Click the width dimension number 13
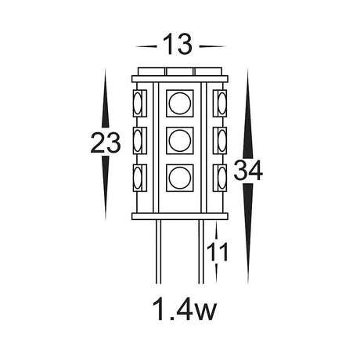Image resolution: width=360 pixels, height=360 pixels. click(x=179, y=45)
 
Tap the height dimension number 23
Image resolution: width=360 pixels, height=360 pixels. click(x=105, y=143)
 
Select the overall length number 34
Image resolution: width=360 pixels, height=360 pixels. click(x=249, y=171)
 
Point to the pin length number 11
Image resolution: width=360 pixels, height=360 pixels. click(x=218, y=252)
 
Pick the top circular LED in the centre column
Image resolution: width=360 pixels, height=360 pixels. click(x=180, y=104)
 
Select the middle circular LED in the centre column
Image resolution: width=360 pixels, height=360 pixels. click(x=180, y=141)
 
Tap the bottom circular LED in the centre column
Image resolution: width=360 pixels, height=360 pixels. click(x=180, y=177)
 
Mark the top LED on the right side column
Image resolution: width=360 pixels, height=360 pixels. click(x=220, y=104)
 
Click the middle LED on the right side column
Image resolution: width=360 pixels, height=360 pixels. click(x=220, y=141)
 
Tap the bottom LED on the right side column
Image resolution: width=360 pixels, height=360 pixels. click(x=220, y=177)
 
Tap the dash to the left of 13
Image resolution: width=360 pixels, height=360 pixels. click(x=146, y=45)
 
